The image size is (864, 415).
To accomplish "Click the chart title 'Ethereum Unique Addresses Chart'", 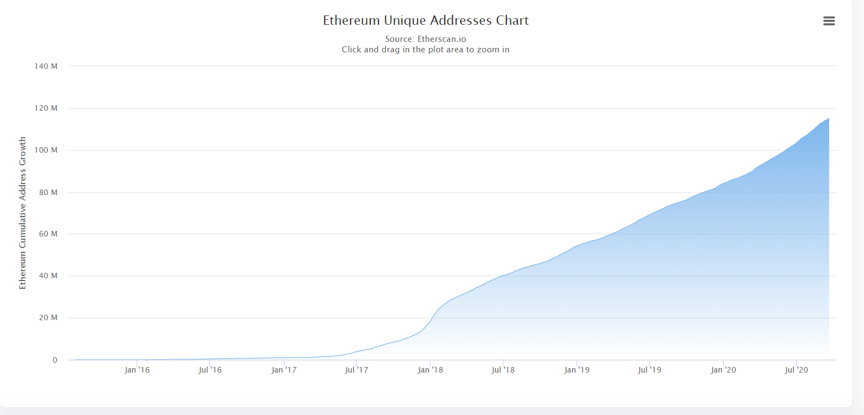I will [x=425, y=21].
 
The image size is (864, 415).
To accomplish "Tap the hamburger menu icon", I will [x=829, y=21].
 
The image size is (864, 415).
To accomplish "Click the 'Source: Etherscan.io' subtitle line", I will [x=425, y=39].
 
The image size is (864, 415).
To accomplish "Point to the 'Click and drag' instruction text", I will [x=425, y=49].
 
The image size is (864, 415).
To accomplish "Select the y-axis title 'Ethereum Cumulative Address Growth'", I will [x=23, y=213].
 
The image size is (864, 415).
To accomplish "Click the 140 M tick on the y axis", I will [x=46, y=66].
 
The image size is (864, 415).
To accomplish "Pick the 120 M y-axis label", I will [x=46, y=108].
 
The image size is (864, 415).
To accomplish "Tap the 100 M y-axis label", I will [x=46, y=150].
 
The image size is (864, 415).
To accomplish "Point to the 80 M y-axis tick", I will [x=48, y=192].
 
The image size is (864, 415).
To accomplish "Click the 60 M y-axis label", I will [x=48, y=234].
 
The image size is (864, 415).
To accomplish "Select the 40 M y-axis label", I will [x=48, y=276].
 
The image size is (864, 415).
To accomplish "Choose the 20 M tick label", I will [x=48, y=318].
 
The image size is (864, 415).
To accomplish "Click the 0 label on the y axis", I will [x=55, y=360].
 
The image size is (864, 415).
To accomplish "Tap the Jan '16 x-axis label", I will [x=137, y=370].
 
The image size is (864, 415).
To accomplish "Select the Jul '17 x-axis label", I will [x=357, y=370].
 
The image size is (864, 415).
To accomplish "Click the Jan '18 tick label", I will [x=430, y=370].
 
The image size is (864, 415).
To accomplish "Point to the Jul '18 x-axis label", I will [x=503, y=370].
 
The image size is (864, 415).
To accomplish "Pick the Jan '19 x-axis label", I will [x=576, y=370].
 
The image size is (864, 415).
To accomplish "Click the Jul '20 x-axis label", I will [x=796, y=370].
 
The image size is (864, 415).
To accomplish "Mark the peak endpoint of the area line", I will [x=829, y=118].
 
